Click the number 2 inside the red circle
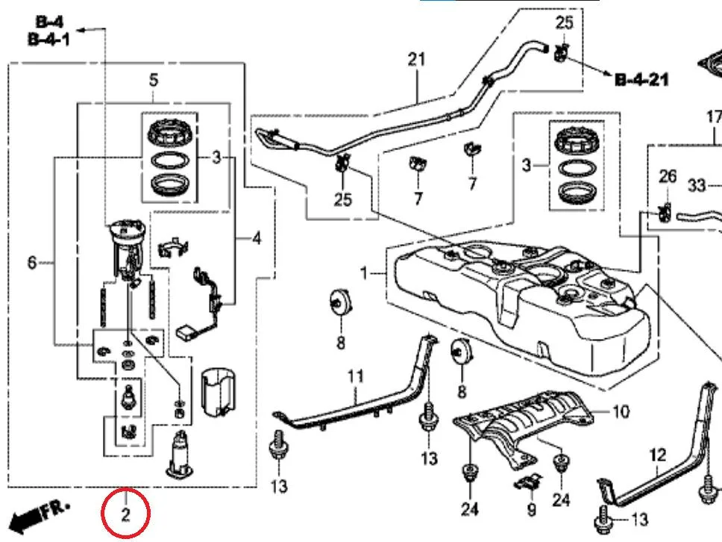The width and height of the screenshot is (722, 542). pos(126,514)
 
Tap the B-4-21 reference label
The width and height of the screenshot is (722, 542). pos(641,80)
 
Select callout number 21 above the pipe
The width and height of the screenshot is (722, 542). pos(416,60)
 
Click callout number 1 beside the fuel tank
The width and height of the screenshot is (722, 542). pos(364,274)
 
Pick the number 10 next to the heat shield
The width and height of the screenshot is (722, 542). pos(621,411)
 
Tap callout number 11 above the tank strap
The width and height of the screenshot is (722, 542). pos(355,376)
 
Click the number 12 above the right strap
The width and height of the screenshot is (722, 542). pos(658,455)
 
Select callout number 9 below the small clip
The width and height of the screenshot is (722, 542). pos(531,509)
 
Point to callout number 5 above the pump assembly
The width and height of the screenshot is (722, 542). pos(154,80)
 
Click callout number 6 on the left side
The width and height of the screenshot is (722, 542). pos(31,263)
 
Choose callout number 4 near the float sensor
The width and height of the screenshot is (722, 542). pos(257,238)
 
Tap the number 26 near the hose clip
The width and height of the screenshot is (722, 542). pos(668,176)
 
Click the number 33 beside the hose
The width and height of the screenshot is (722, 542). pos(697,186)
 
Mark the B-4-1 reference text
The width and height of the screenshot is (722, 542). pos(49,40)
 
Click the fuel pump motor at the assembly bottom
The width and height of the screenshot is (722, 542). pos(180,455)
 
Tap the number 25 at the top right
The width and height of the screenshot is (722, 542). pos(565,22)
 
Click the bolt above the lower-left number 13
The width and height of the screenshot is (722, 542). pos(278,445)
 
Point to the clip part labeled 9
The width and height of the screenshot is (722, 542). pos(527,482)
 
